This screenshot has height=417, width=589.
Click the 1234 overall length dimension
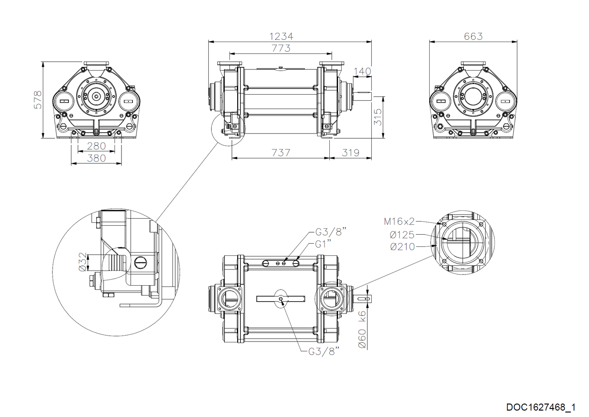[x=281, y=36]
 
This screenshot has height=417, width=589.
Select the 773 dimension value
[x=281, y=48]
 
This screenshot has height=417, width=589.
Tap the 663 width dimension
[x=473, y=36]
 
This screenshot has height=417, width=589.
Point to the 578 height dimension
[x=38, y=100]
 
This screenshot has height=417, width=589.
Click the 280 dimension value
[x=96, y=146]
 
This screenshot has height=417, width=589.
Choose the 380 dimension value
[x=96, y=158]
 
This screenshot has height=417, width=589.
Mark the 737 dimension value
[x=281, y=153]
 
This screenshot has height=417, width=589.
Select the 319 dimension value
[x=351, y=153]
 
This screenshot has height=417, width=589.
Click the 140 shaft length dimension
[x=362, y=71]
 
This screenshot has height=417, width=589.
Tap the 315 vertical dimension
[x=378, y=117]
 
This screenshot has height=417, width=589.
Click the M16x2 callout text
[x=399, y=222]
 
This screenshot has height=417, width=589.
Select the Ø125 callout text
[x=402, y=235]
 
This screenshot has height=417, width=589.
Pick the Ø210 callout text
[x=402, y=246]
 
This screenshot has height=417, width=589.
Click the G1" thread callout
[x=323, y=244]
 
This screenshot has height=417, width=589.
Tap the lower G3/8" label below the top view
[x=324, y=351]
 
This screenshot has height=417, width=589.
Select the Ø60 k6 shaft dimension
[x=362, y=330]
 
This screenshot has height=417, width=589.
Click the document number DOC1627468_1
[x=540, y=407]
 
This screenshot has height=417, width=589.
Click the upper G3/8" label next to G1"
[x=331, y=232]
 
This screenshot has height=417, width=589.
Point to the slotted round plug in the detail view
[x=140, y=262]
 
